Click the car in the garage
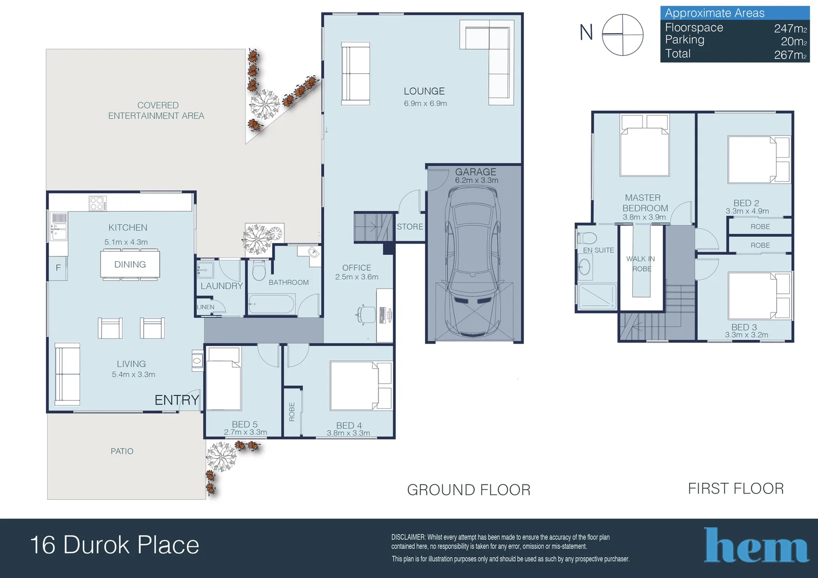point(473,261)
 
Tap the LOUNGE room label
point(424,91)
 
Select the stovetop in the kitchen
point(98,203)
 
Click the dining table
point(130,264)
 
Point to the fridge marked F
point(58,268)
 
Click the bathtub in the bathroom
point(271,304)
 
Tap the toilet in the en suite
point(587,238)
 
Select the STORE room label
point(410,227)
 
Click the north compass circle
point(622,35)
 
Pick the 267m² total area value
point(790,55)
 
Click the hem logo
point(756,545)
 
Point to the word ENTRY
point(177,400)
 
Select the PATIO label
point(122,451)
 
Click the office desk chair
point(366,314)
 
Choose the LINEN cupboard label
point(206,307)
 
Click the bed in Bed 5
point(223,378)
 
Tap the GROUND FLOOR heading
point(468,490)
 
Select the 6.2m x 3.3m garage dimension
point(476,180)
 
